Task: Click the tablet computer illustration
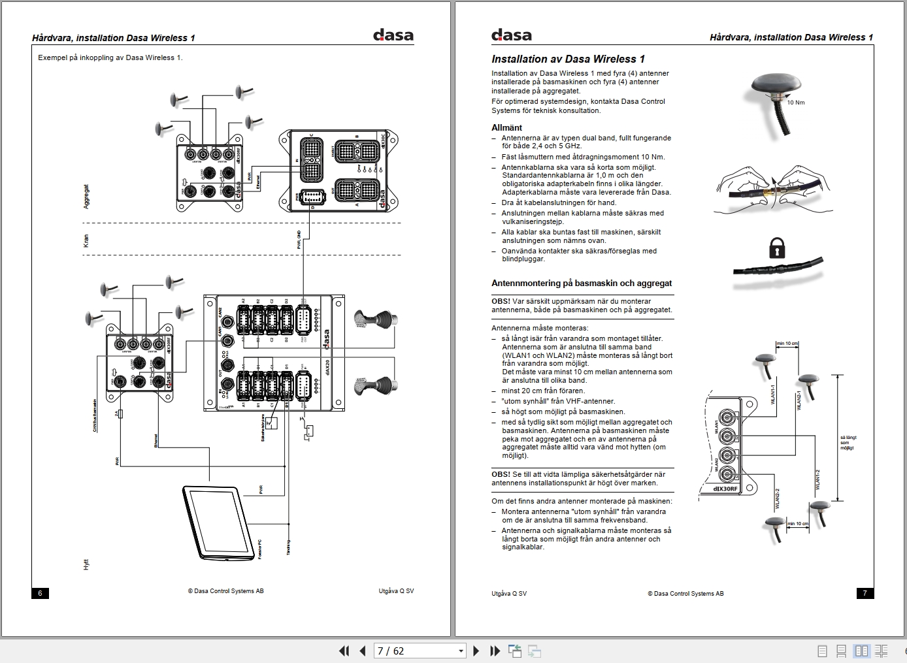tap(219, 523)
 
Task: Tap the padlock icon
tap(776, 248)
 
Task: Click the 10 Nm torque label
tap(796, 103)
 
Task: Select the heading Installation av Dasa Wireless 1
tap(568, 59)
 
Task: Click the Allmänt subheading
tap(506, 127)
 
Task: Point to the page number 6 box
tap(40, 593)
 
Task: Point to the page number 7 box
tap(865, 593)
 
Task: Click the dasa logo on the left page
tap(393, 35)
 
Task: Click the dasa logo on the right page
tap(512, 35)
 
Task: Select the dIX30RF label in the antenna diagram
tap(725, 489)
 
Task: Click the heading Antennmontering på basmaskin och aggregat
tap(582, 283)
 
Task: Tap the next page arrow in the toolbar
tap(476, 651)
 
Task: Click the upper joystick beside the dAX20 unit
tap(374, 320)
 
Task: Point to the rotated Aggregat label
tap(86, 197)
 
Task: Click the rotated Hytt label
tap(86, 564)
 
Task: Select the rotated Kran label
tap(86, 241)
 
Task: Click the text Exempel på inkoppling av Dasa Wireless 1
tap(110, 57)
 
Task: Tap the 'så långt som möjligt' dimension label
tap(848, 442)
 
